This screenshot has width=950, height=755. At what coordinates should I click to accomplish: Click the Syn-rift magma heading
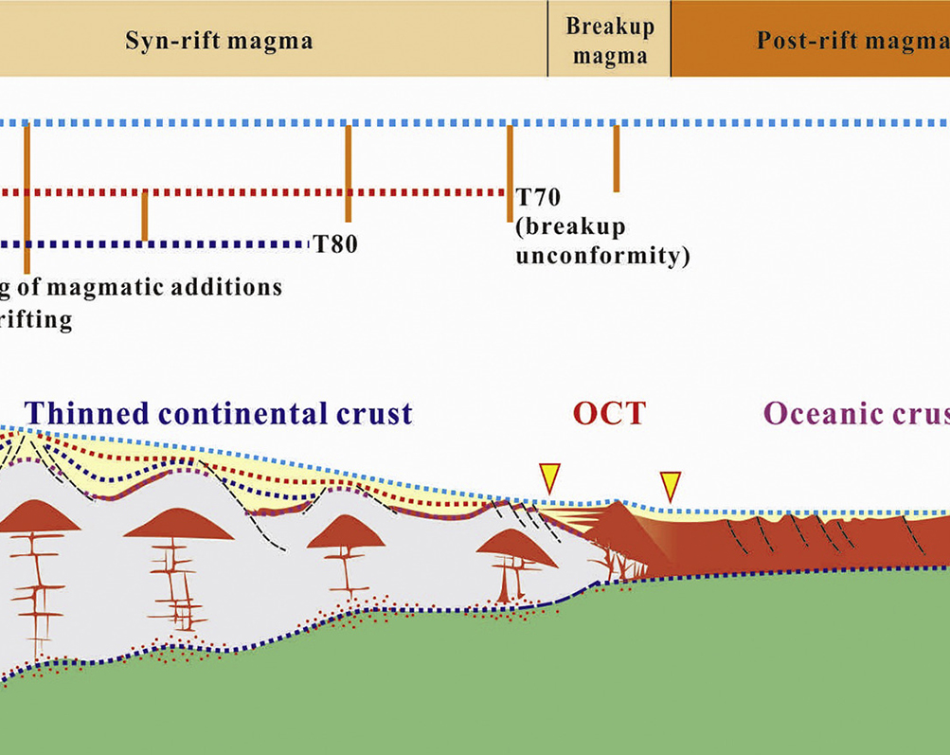tap(219, 41)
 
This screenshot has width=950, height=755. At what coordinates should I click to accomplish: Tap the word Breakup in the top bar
tap(610, 26)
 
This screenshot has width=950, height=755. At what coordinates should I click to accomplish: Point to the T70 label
tap(538, 199)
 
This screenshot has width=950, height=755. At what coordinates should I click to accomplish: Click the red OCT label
tap(608, 414)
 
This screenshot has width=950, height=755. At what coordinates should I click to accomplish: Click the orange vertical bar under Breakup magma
tap(616, 158)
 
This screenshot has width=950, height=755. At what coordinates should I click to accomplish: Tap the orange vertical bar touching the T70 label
tap(510, 173)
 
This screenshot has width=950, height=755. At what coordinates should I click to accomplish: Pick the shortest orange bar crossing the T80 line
tap(144, 216)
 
